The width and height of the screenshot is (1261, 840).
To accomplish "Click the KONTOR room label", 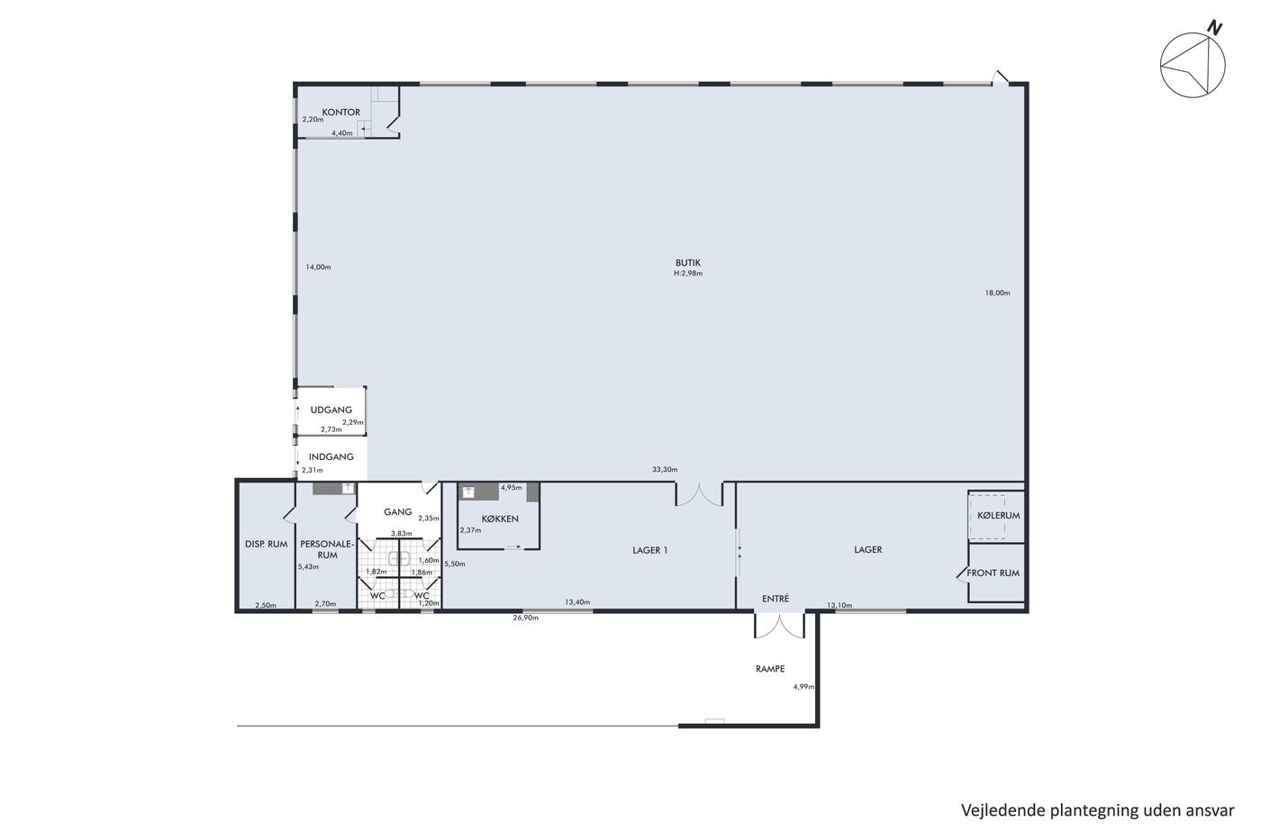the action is (x=340, y=112).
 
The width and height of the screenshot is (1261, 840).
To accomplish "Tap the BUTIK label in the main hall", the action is (x=688, y=263).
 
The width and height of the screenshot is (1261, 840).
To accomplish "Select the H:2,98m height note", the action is (x=688, y=274).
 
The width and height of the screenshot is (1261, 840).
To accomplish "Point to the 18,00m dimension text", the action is (x=997, y=293).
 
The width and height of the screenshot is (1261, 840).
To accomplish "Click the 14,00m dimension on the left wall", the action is (x=318, y=266).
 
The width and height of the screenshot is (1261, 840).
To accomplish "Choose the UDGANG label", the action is (x=331, y=410).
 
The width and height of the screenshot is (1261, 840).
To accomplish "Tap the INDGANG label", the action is (x=331, y=456).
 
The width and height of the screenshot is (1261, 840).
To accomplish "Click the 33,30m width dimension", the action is (x=665, y=469).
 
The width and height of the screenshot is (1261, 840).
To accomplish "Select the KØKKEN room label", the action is (x=500, y=519).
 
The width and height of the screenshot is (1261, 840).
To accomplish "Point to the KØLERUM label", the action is (x=998, y=515).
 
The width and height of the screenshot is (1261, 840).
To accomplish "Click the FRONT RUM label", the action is (x=993, y=573).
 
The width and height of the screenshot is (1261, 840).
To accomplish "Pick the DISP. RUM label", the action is (x=266, y=544).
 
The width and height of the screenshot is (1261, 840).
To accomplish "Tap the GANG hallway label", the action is (x=397, y=511).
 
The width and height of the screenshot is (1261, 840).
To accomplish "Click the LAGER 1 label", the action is (x=649, y=550).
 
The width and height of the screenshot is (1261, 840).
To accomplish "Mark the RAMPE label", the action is (x=769, y=668).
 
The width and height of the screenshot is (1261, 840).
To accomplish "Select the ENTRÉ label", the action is (x=776, y=599).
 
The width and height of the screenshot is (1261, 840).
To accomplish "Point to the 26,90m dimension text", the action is (x=525, y=618).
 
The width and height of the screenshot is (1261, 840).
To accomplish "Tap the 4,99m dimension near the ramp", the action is (x=803, y=686).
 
